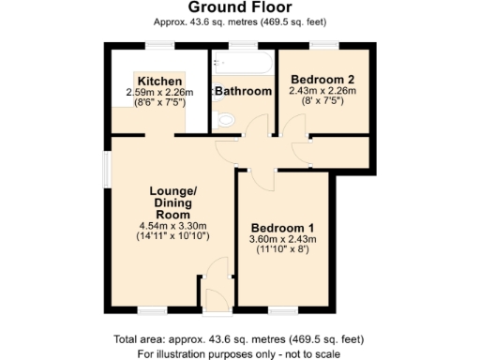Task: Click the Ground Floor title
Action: tap(239, 8)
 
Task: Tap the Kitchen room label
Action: tap(159, 81)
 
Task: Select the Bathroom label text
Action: tap(243, 91)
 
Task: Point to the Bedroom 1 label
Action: tap(282, 228)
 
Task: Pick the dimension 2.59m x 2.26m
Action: tap(159, 92)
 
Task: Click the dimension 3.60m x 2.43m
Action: tap(283, 239)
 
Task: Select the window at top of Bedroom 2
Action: tap(324, 45)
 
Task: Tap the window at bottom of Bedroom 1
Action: tap(282, 308)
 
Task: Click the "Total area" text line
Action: tap(239, 339)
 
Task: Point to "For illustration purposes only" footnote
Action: tap(239, 353)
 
